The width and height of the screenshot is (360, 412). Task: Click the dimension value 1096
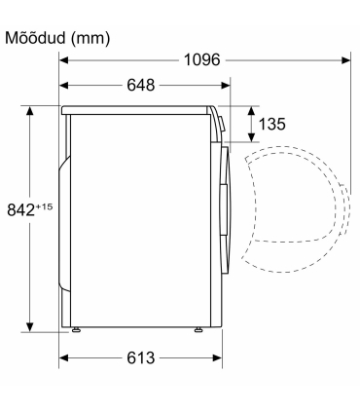point(201,60)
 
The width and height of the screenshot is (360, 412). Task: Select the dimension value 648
point(141,86)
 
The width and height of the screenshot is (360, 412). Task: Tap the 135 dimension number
point(271,124)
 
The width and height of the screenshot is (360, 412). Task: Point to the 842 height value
point(20,209)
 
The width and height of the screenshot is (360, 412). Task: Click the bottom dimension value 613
point(141,358)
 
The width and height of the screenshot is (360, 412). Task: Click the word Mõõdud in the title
point(35,38)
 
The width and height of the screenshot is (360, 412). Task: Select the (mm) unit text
point(90,39)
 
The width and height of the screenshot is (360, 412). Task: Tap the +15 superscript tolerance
point(44,206)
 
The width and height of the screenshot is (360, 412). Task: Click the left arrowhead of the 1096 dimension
point(63,60)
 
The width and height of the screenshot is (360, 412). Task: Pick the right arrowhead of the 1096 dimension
point(346,60)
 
